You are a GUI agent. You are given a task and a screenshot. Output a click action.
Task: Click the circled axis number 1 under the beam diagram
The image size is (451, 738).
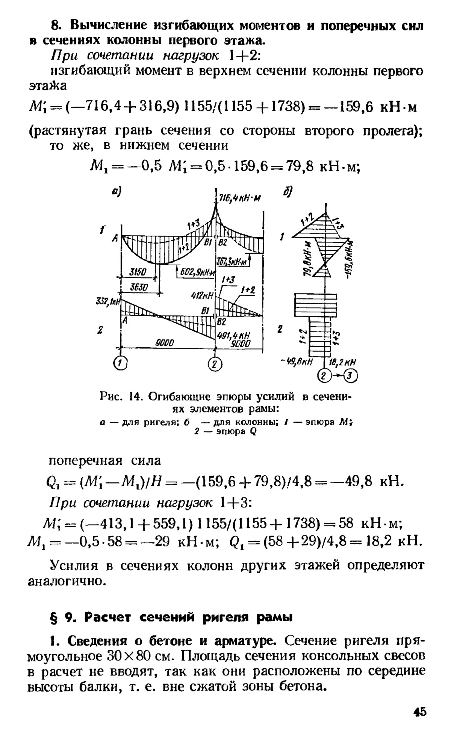click(121, 363)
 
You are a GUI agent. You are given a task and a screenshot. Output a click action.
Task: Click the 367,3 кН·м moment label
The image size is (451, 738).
click(233, 262)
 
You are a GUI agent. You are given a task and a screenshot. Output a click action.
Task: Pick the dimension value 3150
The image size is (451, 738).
click(138, 271)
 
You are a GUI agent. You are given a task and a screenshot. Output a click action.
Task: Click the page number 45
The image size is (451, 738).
click(419, 712)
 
